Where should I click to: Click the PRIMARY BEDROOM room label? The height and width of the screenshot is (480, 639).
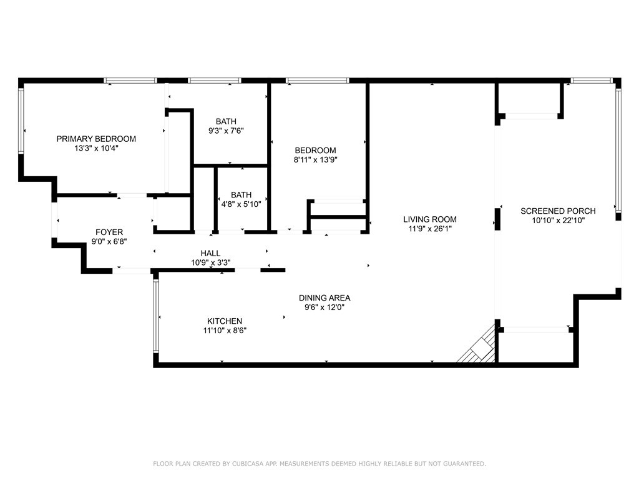pos(96,139)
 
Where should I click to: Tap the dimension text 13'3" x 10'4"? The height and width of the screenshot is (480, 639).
pos(96,149)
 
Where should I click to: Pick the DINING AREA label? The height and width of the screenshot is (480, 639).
pos(324,297)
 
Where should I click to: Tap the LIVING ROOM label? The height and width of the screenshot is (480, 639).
pos(429,219)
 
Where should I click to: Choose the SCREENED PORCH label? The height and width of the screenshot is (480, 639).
pos(558,211)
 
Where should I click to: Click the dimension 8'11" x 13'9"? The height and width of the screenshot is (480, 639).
pos(315,160)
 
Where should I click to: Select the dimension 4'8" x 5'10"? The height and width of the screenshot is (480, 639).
pos(241,204)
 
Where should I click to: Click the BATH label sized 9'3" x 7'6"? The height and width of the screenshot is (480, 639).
pos(226,121)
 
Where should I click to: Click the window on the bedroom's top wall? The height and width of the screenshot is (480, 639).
pos(317,81)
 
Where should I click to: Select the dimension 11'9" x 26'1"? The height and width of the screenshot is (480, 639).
pos(429,229)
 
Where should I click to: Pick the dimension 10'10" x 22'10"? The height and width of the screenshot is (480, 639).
pos(558,221)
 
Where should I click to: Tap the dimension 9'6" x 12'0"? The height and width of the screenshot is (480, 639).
pos(324,307)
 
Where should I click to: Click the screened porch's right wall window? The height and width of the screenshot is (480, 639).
pos(618,150)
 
